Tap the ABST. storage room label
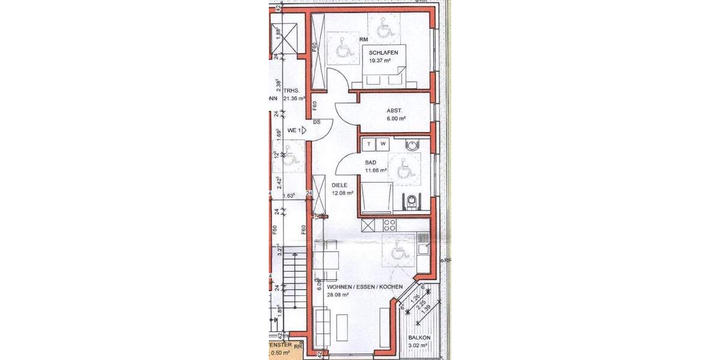(394, 110)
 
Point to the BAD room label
(371, 163)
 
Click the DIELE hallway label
(340, 185)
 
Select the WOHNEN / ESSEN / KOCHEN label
(356, 287)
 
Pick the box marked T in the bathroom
(368, 143)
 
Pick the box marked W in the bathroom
(382, 143)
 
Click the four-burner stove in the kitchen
(389, 226)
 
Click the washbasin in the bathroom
(412, 145)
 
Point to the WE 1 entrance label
(293, 130)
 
